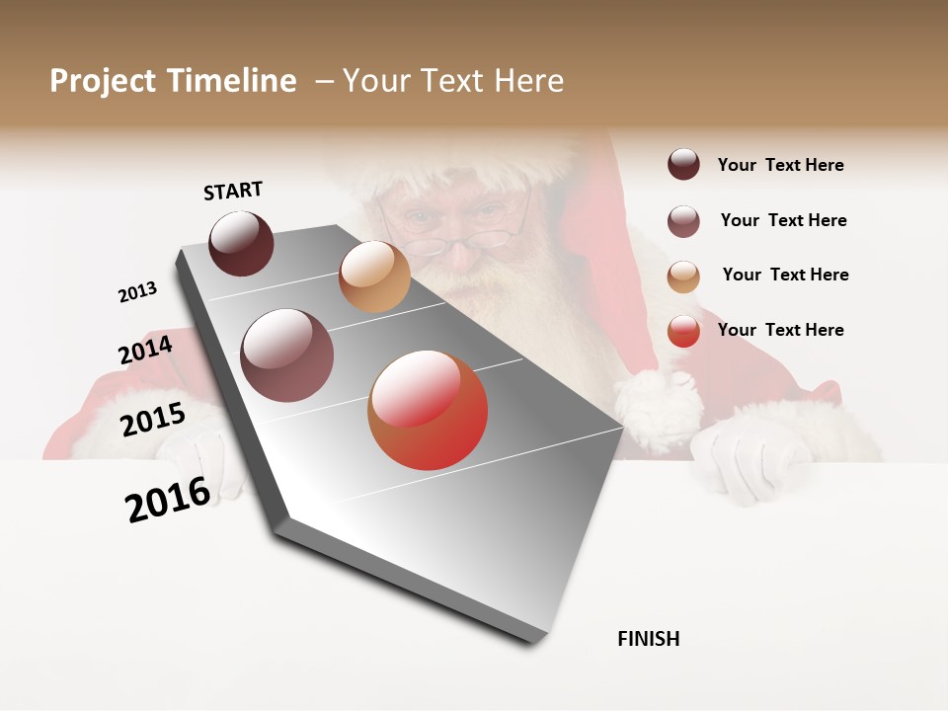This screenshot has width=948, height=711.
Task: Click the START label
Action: tap(233, 191)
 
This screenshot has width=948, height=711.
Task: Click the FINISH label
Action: tap(648, 639)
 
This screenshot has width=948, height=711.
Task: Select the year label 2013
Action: tap(137, 292)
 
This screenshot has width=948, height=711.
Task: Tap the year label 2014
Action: tap(145, 350)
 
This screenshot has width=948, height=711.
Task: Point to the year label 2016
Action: tap(168, 500)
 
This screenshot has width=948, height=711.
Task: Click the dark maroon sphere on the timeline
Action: tap(241, 243)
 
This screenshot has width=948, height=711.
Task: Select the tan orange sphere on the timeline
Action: tap(374, 276)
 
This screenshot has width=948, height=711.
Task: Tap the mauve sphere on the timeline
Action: tap(287, 355)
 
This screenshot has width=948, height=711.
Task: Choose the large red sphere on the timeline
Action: tap(428, 410)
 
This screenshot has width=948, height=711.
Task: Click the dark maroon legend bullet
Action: tap(683, 164)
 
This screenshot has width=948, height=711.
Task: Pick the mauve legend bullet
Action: tap(683, 221)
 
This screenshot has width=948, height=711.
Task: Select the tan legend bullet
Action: tap(683, 276)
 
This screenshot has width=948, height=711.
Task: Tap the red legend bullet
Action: tap(683, 331)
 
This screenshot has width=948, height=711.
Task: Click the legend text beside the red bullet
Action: tap(780, 330)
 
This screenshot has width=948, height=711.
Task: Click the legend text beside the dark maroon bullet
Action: tap(780, 165)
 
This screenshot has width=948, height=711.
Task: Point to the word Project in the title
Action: tap(103, 81)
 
